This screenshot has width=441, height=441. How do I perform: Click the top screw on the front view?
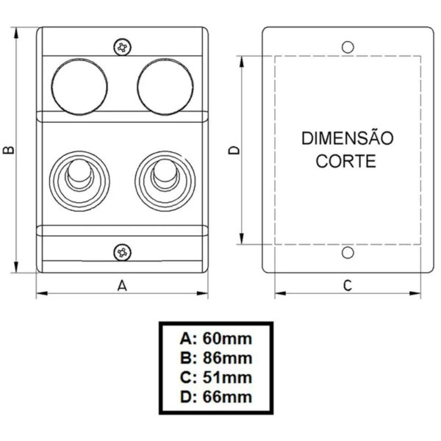[123, 47]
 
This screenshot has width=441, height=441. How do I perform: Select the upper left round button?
[80, 87]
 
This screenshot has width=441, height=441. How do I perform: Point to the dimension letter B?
[7, 149]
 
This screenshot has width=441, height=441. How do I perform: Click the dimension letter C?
[348, 286]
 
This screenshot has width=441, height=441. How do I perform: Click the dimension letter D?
[234, 150]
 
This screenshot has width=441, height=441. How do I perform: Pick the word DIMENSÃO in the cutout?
[348, 138]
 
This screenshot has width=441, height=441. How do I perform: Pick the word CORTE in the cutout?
[347, 161]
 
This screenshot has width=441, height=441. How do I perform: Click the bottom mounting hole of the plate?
[348, 254]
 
